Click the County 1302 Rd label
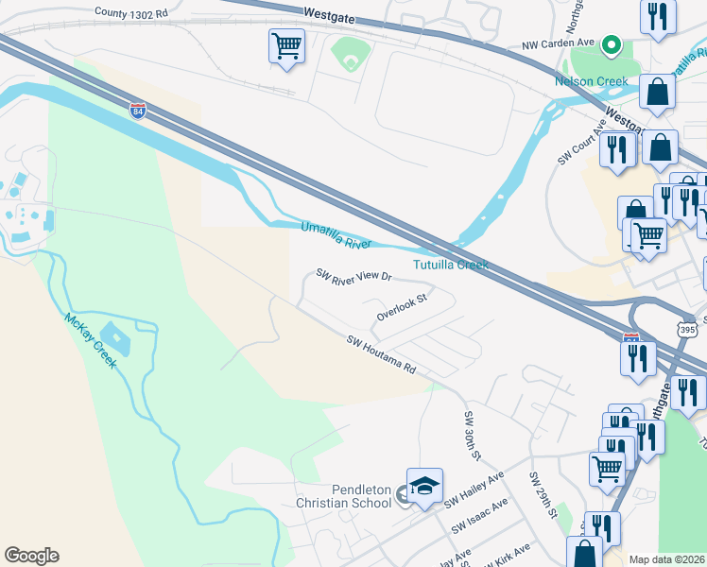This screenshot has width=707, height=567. (131, 13)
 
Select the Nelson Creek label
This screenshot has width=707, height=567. (592, 81)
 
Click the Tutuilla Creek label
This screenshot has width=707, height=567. (451, 265)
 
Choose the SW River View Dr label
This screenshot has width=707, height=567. (353, 276)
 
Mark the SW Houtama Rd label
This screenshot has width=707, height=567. (381, 354)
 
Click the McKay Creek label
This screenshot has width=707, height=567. (91, 340)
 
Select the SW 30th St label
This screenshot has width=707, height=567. (472, 435)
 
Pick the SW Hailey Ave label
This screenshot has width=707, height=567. (477, 488)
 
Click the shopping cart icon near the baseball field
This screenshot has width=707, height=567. (286, 44)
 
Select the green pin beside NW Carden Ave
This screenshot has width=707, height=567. (612, 43)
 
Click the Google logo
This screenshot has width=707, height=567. (31, 556)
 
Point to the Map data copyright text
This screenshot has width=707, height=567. (666, 559)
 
